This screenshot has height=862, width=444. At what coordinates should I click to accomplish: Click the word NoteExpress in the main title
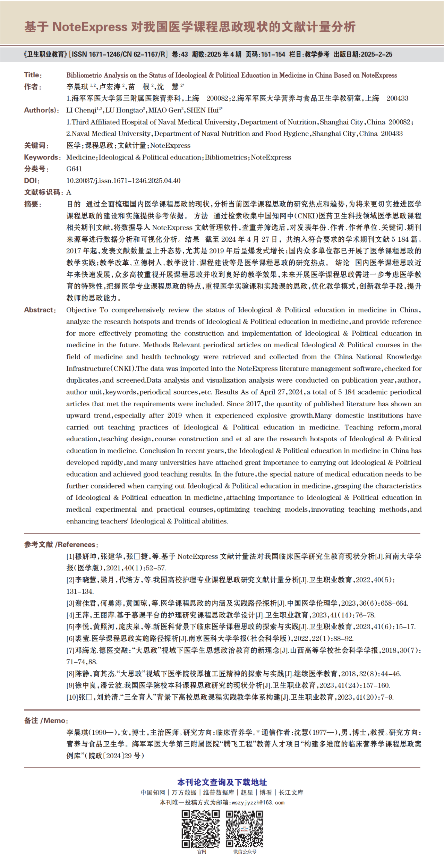(x=90, y=27)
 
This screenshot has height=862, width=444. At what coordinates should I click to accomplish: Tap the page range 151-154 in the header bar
(x=273, y=54)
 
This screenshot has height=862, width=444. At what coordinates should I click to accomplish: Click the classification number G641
(x=74, y=169)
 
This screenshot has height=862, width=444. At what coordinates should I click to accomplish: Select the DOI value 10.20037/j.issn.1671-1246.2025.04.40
(x=123, y=181)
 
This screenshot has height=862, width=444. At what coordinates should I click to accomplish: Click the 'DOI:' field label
(x=32, y=181)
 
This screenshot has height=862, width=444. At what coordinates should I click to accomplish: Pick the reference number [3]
(x=70, y=603)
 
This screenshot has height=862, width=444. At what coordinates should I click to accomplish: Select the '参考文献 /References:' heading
(x=61, y=545)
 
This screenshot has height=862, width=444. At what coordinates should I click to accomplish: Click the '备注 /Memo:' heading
(x=46, y=720)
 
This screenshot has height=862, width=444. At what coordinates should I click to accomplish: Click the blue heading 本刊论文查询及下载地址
(x=222, y=782)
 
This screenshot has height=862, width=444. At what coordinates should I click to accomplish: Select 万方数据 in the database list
(x=184, y=792)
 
